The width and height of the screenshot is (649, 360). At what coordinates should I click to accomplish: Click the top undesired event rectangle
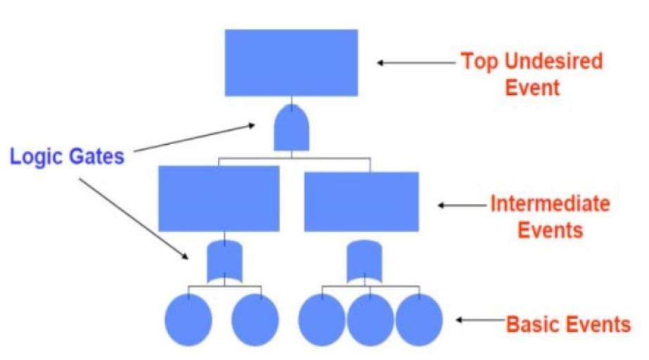pyautogui.click(x=291, y=62)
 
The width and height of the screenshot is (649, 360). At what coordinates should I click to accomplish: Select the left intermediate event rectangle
pyautogui.click(x=219, y=198)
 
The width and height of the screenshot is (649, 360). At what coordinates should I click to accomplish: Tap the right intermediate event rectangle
pyautogui.click(x=361, y=201)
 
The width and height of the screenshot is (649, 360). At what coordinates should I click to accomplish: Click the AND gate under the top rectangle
pyautogui.click(x=292, y=127)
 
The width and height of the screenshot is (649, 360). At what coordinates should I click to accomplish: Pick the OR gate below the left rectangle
pyautogui.click(x=224, y=262)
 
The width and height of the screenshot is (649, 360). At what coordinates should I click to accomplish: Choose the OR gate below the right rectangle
pyautogui.click(x=364, y=261)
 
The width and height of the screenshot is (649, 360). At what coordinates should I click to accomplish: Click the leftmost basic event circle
pyautogui.click(x=188, y=319)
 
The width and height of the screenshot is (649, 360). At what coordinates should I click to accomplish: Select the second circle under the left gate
pyautogui.click(x=255, y=319)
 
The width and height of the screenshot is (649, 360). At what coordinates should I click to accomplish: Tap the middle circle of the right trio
pyautogui.click(x=370, y=319)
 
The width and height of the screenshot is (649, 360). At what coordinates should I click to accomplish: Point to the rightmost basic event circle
pyautogui.click(x=419, y=319)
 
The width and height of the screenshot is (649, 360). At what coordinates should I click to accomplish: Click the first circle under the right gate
pyautogui.click(x=321, y=319)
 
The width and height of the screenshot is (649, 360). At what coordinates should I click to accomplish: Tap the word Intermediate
pyautogui.click(x=550, y=204)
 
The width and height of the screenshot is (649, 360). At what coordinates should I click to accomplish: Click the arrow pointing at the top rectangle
pyautogui.click(x=415, y=63)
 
